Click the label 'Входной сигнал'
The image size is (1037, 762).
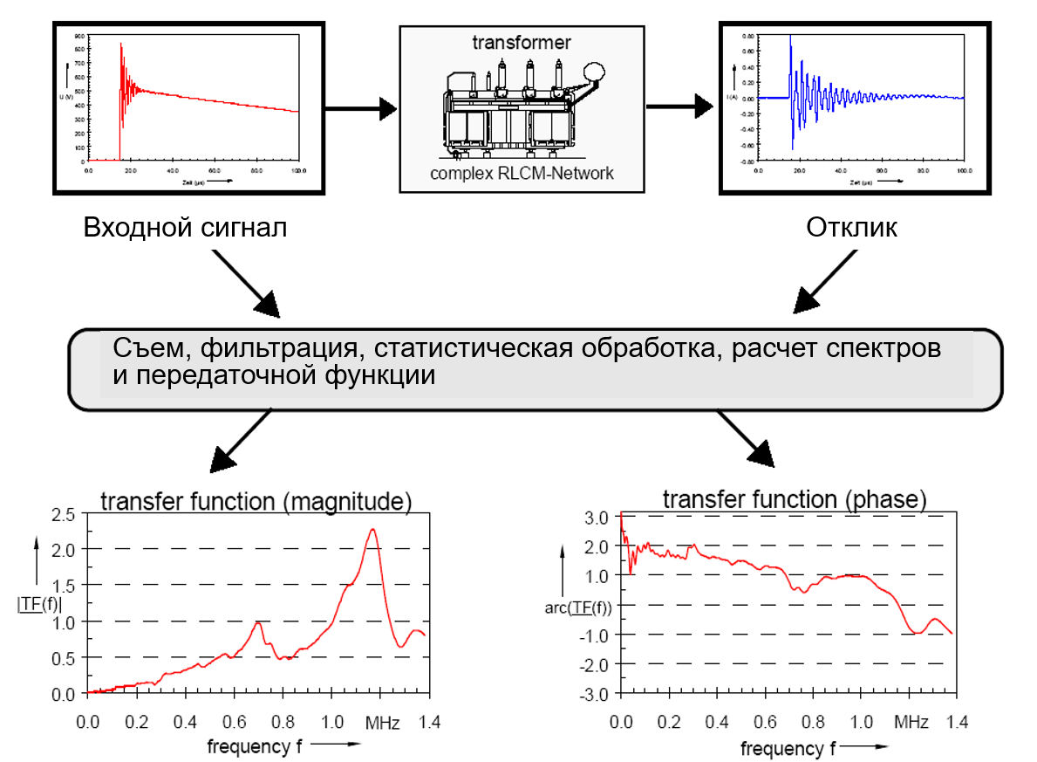pyautogui.click(x=184, y=228)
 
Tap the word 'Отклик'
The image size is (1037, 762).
pyautogui.click(x=851, y=228)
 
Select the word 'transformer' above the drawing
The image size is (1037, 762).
pyautogui.click(x=522, y=42)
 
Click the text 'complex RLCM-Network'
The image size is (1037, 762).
pyautogui.click(x=522, y=173)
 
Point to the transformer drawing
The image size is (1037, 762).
pyautogui.click(x=522, y=105)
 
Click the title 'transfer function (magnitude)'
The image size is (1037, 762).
pyautogui.click(x=256, y=502)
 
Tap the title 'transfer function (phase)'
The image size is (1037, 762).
pyautogui.click(x=794, y=499)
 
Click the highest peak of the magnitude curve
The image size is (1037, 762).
pyautogui.click(x=372, y=530)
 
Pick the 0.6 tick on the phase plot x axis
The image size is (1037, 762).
pyautogui.click(x=764, y=723)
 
